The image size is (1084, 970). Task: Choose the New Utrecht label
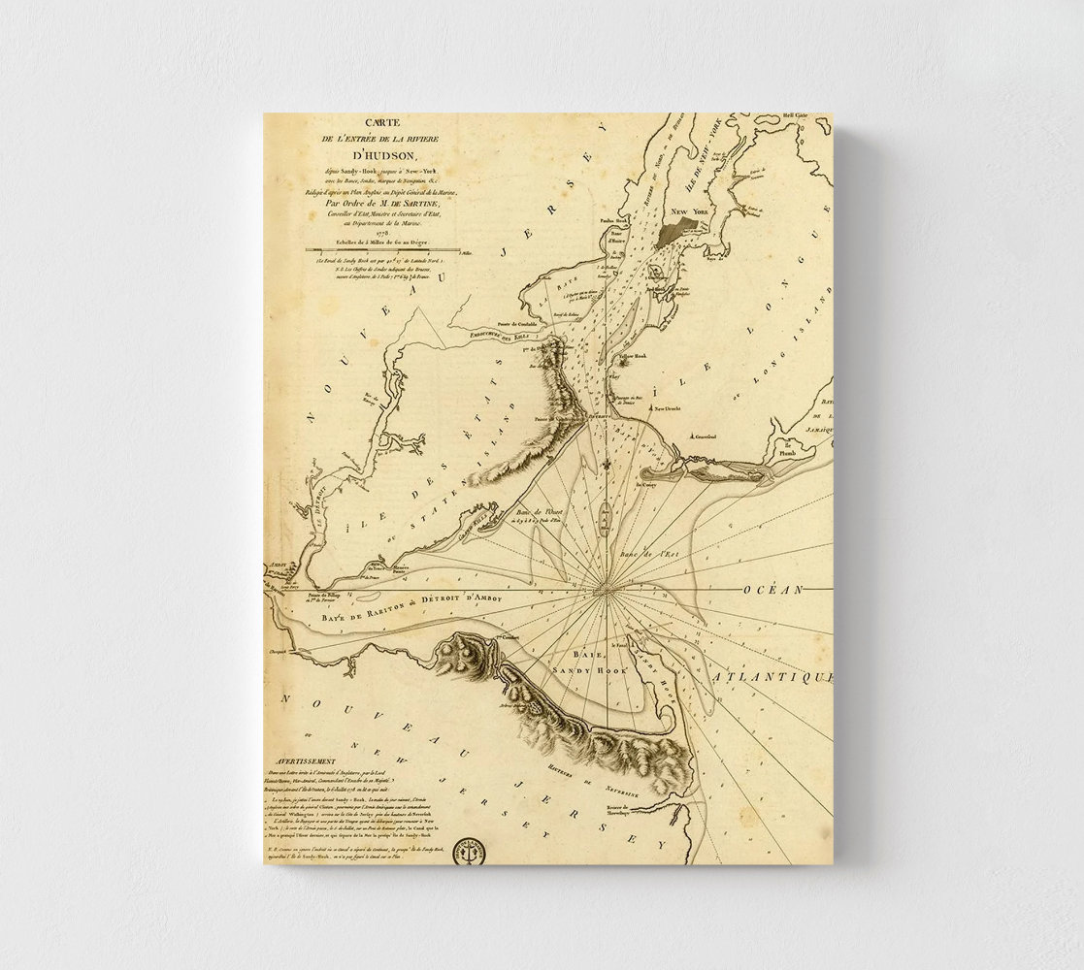point(669,409)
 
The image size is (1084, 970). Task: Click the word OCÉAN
point(773,590)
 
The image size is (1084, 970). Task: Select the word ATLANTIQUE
point(772,675)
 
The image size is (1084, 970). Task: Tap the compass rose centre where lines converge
point(605,588)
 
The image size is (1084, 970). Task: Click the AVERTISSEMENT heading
point(303,761)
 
